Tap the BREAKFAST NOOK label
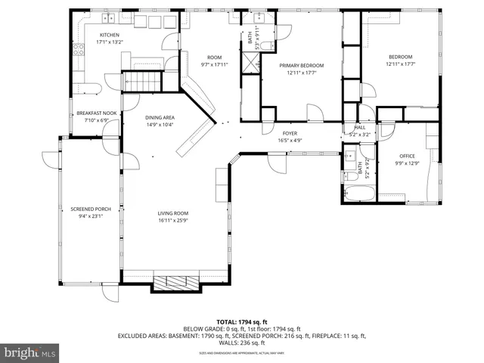click(x=96, y=113)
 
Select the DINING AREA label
click(x=160, y=117)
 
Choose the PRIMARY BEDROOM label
click(x=301, y=66)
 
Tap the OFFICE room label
click(x=407, y=157)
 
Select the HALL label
click(x=360, y=128)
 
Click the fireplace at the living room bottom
click(x=176, y=284)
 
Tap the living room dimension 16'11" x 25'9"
click(x=173, y=221)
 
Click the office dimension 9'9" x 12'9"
click(x=407, y=164)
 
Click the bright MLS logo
click(x=30, y=352)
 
